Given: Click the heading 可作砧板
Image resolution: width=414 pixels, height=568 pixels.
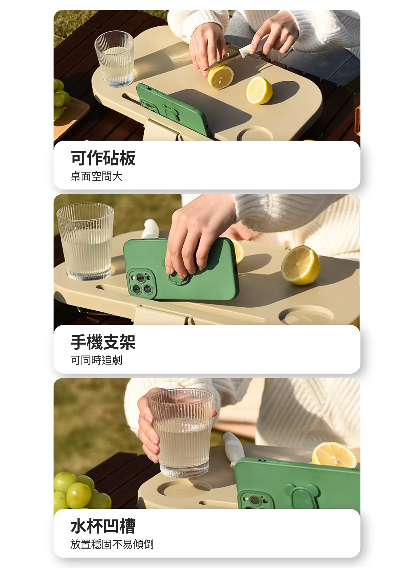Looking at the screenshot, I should coord(103,158).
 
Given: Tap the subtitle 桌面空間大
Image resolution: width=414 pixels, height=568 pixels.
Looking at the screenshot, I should coord(96,176).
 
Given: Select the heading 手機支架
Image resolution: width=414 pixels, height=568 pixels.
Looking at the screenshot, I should coord(103,342).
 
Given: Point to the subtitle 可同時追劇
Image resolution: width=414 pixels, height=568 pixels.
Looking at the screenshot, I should coord(96,360).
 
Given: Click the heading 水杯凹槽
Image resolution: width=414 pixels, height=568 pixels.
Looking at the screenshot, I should coord(103,526).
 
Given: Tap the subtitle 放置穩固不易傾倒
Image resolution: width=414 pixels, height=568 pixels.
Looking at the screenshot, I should coord(112,544).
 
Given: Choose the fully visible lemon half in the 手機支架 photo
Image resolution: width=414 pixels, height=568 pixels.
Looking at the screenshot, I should coord(300,265).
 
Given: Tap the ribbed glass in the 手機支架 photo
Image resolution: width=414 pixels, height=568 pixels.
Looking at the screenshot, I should coord(86,241).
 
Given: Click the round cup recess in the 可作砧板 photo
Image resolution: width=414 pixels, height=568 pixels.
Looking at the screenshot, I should coord(255,134).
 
